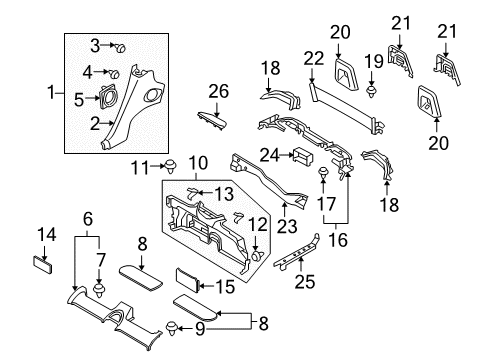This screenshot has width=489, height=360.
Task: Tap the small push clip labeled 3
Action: click(119, 46)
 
